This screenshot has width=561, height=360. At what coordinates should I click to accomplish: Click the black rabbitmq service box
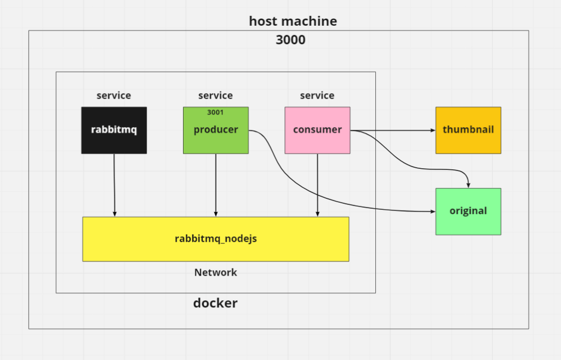coord(114,130)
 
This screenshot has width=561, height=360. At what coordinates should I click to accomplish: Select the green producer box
coord(215,137)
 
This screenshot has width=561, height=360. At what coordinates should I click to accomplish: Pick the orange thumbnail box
coord(468,130)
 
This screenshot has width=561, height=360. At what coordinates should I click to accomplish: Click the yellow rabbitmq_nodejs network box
coord(215,239)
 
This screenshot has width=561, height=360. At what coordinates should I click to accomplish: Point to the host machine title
coord(293,21)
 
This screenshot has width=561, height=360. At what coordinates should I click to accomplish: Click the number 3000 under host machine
coord(290,40)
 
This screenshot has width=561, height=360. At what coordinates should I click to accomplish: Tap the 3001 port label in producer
coord(215,112)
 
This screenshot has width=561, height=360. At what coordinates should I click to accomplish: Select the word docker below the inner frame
coord(215,303)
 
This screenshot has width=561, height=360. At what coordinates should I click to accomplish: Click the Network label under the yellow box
coord(215,272)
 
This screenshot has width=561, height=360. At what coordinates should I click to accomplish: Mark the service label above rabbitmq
coord(114,95)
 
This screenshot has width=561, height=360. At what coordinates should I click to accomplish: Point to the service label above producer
coord(215,95)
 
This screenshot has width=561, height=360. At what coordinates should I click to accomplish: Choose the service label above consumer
coord(317,95)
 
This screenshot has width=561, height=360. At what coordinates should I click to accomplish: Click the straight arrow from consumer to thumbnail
coord(394,130)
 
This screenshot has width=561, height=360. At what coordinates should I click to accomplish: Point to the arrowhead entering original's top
coord(467,185)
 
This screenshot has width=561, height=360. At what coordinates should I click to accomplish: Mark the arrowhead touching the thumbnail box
coord(432,130)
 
